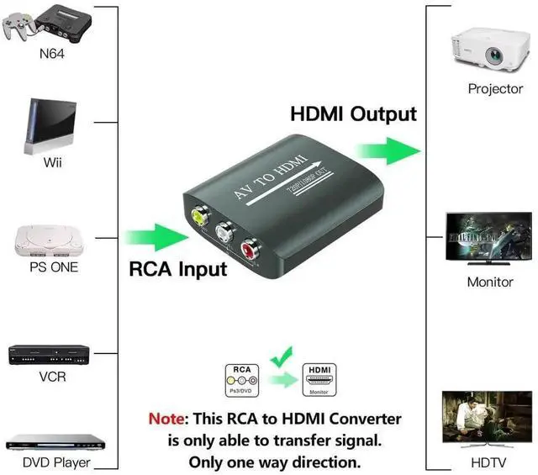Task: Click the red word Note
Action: click(x=168, y=419)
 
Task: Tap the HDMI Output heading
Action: click(x=353, y=113)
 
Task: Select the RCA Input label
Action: click(x=177, y=270)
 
